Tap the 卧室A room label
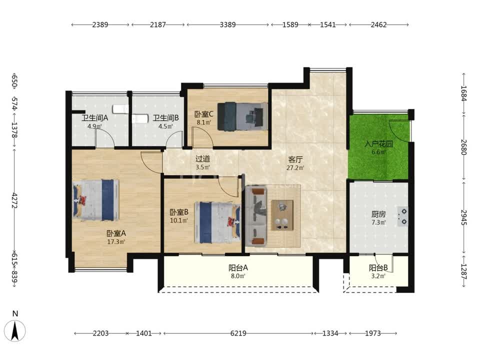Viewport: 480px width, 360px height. (116, 233)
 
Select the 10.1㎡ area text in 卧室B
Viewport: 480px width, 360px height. (179, 220)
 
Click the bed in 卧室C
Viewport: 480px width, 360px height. (242, 116)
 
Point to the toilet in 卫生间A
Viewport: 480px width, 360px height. (120, 109)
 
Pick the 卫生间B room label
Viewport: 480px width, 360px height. (166, 118)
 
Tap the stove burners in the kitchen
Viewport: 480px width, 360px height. (403, 216)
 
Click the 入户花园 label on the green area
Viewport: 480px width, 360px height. (378, 144)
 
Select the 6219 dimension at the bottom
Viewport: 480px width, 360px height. (238, 333)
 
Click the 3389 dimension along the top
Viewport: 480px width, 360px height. (228, 24)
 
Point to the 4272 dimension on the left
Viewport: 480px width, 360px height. (14, 200)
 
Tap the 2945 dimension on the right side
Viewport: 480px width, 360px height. (464, 217)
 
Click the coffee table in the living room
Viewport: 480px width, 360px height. (282, 215)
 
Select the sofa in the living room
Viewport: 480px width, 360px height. (256, 216)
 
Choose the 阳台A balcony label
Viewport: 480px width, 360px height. (238, 268)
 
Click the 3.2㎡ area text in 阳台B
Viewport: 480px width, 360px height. (378, 276)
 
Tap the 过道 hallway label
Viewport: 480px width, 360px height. (202, 158)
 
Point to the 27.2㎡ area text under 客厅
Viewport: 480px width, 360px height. (295, 167)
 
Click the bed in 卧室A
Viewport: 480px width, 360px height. (96, 200)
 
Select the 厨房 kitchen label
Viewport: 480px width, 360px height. (378, 214)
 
